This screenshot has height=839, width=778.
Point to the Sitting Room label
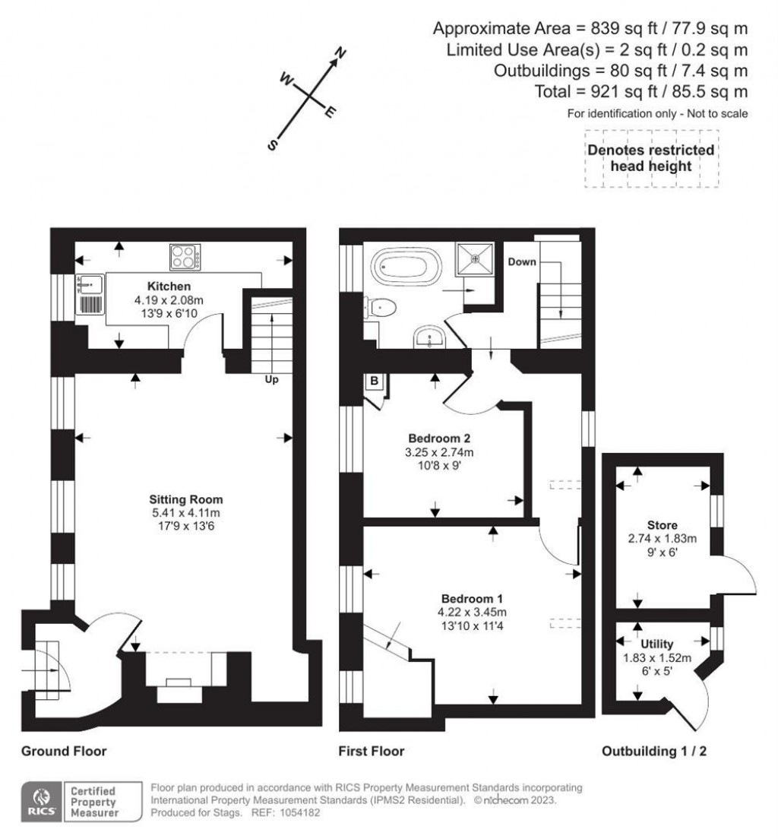click(186, 499)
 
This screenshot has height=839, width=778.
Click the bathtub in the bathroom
click(403, 267)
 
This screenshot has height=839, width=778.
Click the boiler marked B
click(375, 382)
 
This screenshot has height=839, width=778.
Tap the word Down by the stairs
click(523, 261)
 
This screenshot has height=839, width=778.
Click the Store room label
click(662, 525)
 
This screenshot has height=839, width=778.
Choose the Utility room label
click(659, 644)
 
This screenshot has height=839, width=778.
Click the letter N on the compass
click(342, 53)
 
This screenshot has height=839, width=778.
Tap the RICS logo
click(39, 801)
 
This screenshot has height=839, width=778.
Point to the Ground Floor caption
click(64, 752)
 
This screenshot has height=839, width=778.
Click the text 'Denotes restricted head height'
click(651, 158)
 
